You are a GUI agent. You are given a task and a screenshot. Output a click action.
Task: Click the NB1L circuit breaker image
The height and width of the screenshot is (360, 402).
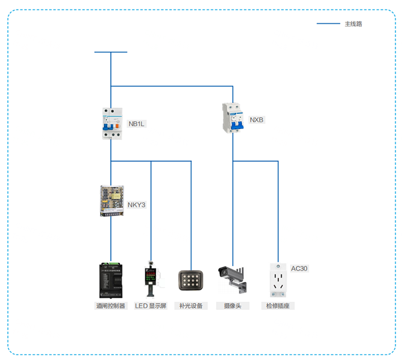[111, 124]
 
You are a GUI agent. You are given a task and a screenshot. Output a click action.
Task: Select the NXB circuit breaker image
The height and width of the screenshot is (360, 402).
[233, 118]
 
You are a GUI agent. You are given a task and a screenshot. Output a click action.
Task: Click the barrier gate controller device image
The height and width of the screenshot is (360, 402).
[111, 279]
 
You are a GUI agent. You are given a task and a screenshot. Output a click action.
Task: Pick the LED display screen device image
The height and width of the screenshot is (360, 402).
[151, 279]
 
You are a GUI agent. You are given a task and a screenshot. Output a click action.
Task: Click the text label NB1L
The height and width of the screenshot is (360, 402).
[137, 124]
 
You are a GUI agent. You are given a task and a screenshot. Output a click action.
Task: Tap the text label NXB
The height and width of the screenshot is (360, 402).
[257, 120]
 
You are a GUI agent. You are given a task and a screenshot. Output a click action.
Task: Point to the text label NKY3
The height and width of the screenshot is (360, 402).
[136, 205]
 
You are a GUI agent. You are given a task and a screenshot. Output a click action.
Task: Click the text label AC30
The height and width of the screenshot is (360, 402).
[299, 268]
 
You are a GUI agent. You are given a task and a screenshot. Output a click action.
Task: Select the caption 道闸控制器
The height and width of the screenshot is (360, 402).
[111, 306]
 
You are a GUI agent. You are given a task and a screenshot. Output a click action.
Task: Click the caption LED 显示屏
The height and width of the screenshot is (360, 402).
[151, 306]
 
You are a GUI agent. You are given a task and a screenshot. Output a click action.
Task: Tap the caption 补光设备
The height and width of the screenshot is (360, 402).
[191, 306]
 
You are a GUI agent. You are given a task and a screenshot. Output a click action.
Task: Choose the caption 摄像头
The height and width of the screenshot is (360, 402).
[232, 306]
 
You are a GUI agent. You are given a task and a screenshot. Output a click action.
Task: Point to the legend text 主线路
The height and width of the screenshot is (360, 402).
[353, 24]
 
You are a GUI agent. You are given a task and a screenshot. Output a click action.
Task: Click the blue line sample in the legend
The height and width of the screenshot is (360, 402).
[328, 24]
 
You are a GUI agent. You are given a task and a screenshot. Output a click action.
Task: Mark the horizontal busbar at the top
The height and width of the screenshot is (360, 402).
[111, 52]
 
